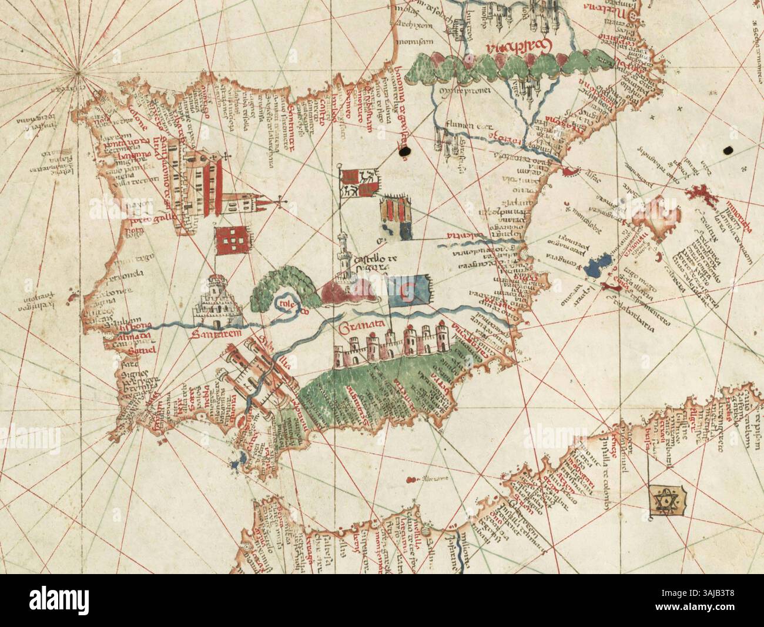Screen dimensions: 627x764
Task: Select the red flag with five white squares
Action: pyautogui.click(x=229, y=242)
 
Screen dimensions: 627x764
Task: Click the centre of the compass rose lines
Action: pyautogui.click(x=79, y=73)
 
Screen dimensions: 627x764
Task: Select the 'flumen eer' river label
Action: pyautogui.click(x=457, y=124)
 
